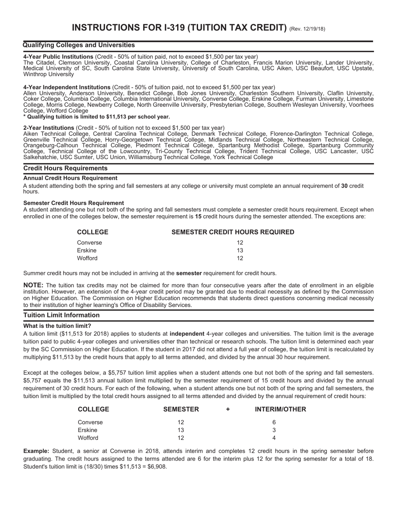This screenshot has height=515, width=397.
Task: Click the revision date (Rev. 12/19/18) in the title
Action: pyautogui.click(x=307, y=29)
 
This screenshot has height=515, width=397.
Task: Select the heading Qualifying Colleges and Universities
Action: pyautogui.click(x=79, y=45)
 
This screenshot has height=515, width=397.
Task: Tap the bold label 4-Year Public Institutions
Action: pyautogui.click(x=58, y=57)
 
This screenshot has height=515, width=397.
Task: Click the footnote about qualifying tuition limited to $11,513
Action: pyautogui.click(x=97, y=116)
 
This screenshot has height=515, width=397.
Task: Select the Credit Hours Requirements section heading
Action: pyautogui.click(x=65, y=168)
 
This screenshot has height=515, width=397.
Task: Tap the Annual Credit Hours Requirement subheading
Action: pyautogui.click(x=70, y=178)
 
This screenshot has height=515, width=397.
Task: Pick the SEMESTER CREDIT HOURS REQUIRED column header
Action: pyautogui.click(x=233, y=232)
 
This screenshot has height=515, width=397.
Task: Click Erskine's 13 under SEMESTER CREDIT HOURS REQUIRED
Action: pyautogui.click(x=240, y=250)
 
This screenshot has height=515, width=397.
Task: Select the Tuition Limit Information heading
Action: pyautogui.click(x=61, y=315)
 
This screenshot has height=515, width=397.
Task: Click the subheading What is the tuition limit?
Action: pyautogui.click(x=57, y=326)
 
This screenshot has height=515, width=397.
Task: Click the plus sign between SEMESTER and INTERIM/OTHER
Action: pyautogui.click(x=228, y=409)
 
